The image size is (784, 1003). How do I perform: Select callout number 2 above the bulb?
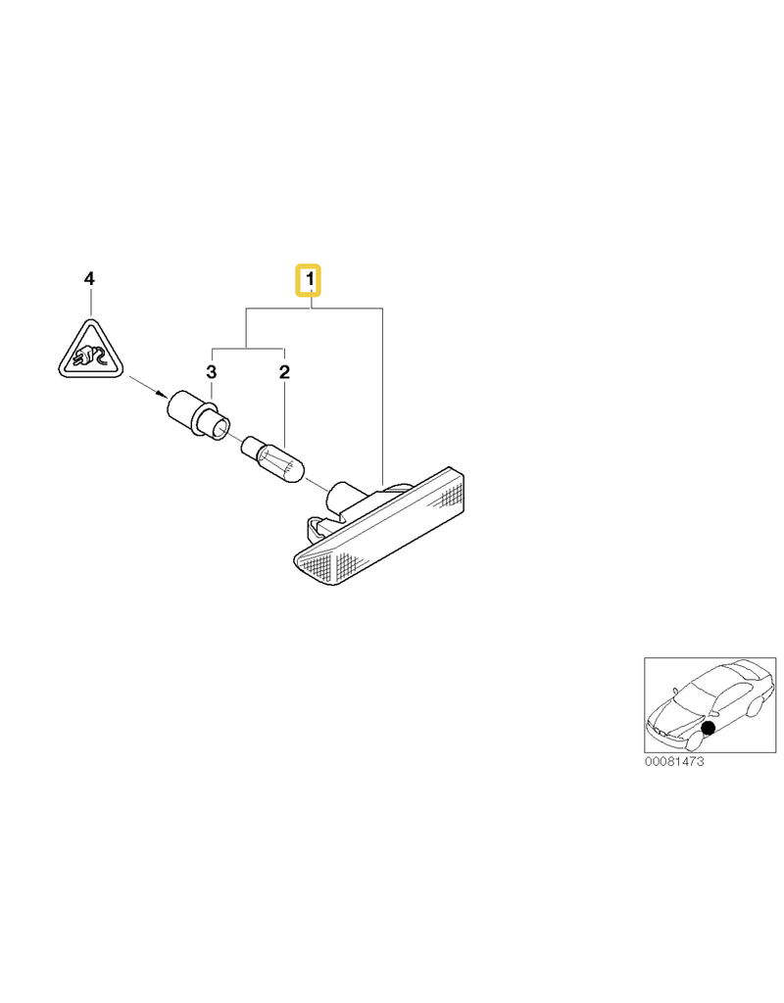(285, 371)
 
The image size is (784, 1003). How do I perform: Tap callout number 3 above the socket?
(212, 371)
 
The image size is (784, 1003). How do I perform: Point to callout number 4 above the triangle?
(89, 278)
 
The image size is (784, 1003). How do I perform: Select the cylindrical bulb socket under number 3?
(198, 415)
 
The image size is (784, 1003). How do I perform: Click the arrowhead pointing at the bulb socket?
(160, 393)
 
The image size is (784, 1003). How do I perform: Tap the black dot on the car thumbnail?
(708, 728)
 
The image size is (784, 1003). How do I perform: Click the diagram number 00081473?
(674, 761)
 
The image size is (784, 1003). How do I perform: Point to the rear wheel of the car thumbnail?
(756, 708)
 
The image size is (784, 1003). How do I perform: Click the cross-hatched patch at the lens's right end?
(449, 495)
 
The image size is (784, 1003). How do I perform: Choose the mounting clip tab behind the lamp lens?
(315, 528)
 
